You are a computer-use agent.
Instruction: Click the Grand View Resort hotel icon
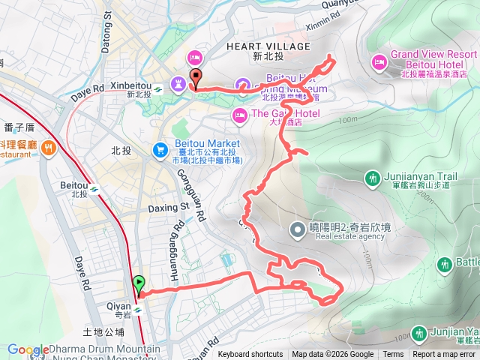(x=379, y=59)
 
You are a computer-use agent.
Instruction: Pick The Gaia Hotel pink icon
(x=239, y=114)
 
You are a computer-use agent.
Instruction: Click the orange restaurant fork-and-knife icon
(x=49, y=147)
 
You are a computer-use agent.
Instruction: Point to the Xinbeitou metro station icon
(x=158, y=90)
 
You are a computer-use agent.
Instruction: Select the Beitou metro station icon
(x=95, y=190)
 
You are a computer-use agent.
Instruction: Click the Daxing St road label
(x=168, y=205)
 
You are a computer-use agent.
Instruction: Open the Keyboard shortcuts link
(x=250, y=355)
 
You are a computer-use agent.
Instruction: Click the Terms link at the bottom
(x=393, y=355)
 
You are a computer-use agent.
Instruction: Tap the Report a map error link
(x=445, y=355)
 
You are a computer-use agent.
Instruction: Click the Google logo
(x=28, y=349)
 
